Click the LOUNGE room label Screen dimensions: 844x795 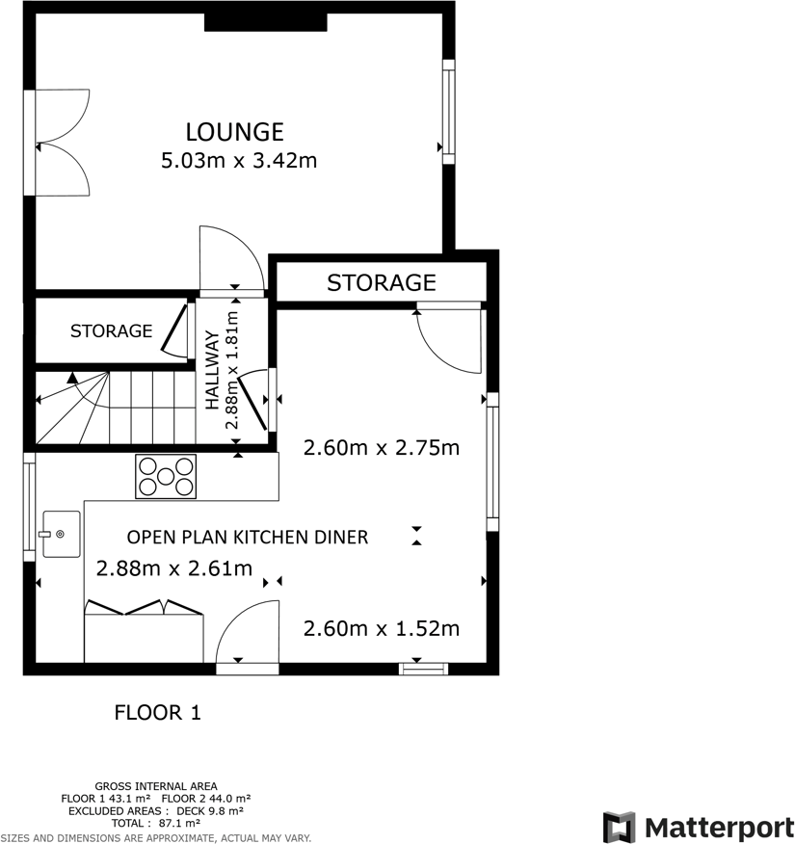[234, 131]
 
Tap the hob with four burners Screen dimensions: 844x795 [166, 476]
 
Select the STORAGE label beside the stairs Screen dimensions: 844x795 [111, 331]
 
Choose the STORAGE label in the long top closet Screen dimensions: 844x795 [381, 282]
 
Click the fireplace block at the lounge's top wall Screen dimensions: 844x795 [266, 22]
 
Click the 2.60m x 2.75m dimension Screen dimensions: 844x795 [381, 448]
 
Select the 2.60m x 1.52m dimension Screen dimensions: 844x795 [381, 629]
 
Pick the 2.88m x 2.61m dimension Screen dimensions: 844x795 [174, 569]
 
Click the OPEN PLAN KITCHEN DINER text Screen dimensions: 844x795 [248, 537]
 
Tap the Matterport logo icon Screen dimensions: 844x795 [620, 828]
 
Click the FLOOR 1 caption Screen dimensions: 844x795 [157, 713]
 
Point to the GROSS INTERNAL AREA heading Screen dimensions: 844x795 [155, 786]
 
